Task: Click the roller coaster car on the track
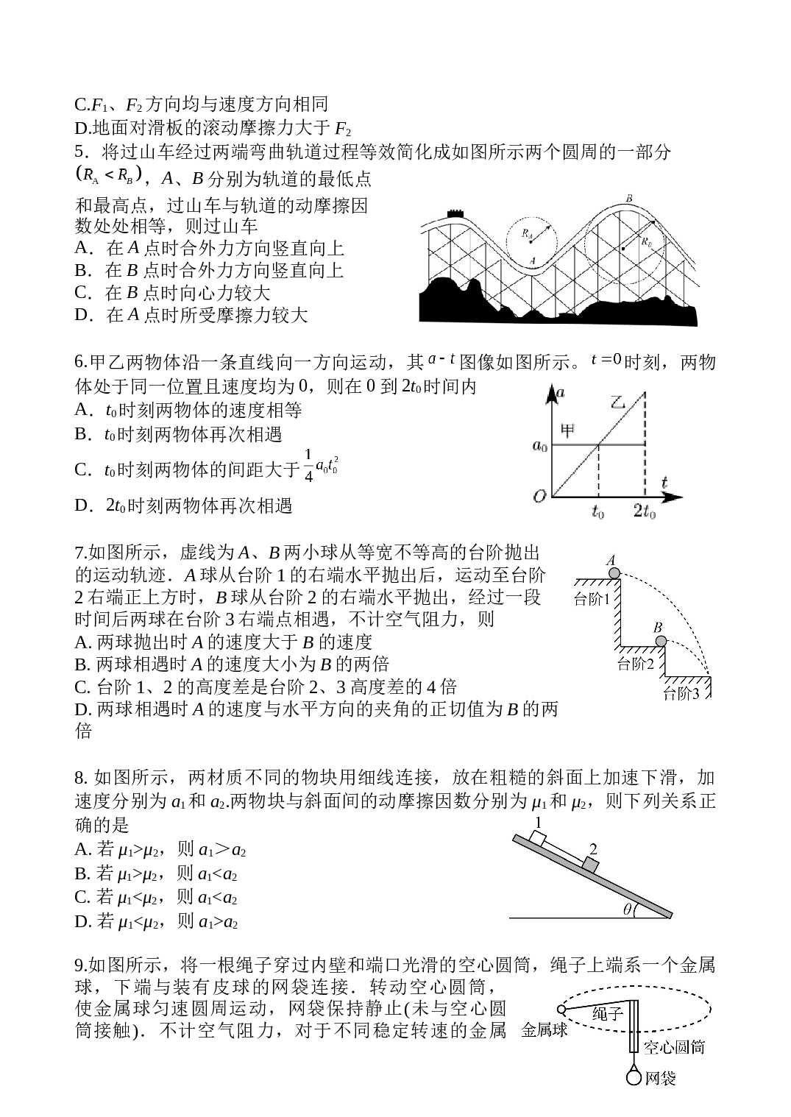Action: coord(455,213)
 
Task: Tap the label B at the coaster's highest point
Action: coord(629,199)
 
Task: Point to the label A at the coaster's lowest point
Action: coord(532,260)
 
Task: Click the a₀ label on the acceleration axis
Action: coord(539,445)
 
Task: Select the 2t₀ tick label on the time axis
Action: coord(645,511)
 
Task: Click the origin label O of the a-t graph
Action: coord(539,496)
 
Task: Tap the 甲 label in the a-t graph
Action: coord(567,430)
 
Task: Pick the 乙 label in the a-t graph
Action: coord(618,402)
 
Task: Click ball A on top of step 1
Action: coord(614,573)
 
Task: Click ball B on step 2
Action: coord(660,641)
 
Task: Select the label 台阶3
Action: coord(681,694)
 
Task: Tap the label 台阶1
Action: coord(592,598)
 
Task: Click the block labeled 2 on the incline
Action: coord(590,865)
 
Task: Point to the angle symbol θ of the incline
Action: coord(628,909)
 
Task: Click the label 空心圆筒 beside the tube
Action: coord(674,1047)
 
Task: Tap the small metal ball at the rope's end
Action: coord(561,1010)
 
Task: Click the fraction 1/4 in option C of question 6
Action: coord(308,467)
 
